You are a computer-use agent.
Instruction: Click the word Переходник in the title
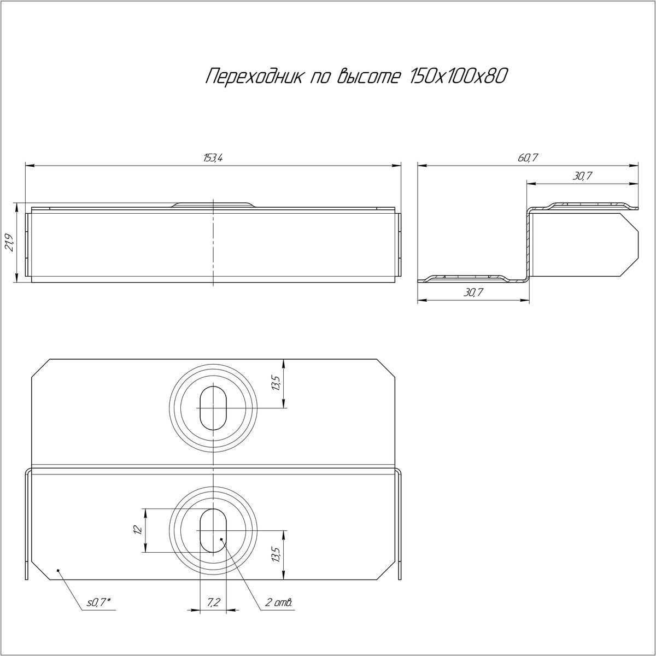[x=254, y=77]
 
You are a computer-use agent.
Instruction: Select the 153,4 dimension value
[x=213, y=158]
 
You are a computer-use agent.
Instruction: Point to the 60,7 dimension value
[x=528, y=157]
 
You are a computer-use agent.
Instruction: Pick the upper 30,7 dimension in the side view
[x=582, y=176]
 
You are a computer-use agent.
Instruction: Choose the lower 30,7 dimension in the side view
[x=473, y=292]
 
